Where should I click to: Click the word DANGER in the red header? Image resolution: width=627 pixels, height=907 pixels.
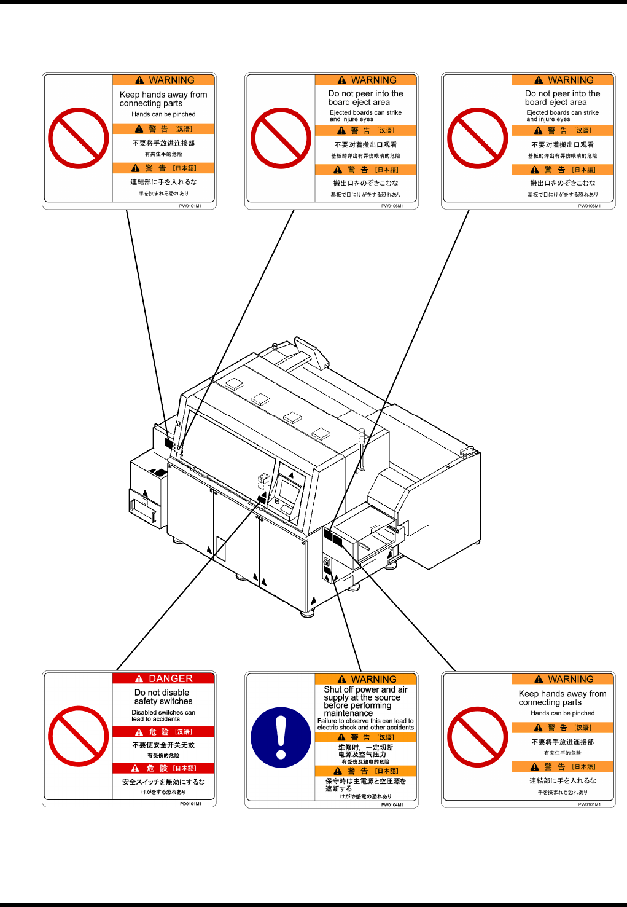pos(170,678)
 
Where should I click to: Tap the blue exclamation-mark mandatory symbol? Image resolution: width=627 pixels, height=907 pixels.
pos(281,737)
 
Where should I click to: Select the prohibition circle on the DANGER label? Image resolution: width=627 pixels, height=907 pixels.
pos(79,736)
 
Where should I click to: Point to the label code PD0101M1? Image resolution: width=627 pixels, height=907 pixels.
pos(190,803)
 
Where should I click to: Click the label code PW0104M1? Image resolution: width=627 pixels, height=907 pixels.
pos(392,804)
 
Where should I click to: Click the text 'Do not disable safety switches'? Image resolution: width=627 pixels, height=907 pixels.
pos(163,697)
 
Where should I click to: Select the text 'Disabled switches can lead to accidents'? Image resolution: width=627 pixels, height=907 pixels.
pos(163,716)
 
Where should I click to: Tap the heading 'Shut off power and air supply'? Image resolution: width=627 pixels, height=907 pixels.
pos(365,694)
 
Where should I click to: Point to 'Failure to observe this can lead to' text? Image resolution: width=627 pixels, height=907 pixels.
pos(365,721)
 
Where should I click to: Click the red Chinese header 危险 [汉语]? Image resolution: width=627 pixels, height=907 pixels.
pos(163,732)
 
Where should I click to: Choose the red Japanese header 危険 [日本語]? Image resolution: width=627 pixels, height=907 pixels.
pos(163,768)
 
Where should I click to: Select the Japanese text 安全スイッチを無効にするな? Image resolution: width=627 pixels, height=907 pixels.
pos(163,782)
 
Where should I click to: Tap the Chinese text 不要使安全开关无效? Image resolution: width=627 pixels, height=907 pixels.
pos(163,745)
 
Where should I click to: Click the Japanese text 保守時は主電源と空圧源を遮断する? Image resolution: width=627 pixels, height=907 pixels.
pos(365,785)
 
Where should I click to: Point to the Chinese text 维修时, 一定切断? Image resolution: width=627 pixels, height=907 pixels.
pos(365,747)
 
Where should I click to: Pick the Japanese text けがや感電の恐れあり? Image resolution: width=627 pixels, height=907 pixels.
pos(365,796)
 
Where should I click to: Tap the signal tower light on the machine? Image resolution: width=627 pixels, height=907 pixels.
pos(361,439)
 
